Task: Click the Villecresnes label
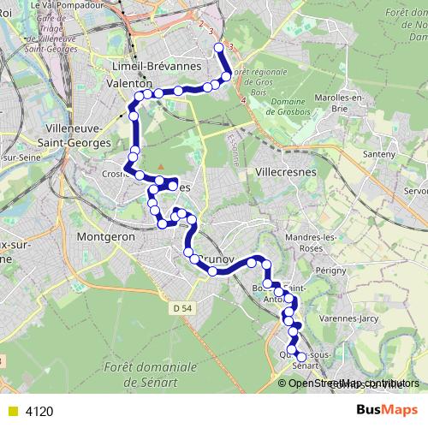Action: [x=286, y=171]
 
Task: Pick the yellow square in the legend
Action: [x=12, y=412]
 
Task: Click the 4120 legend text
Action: [x=39, y=412]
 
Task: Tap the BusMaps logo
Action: [x=386, y=411]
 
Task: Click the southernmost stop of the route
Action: [x=300, y=358]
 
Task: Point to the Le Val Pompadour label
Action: [x=86, y=5]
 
